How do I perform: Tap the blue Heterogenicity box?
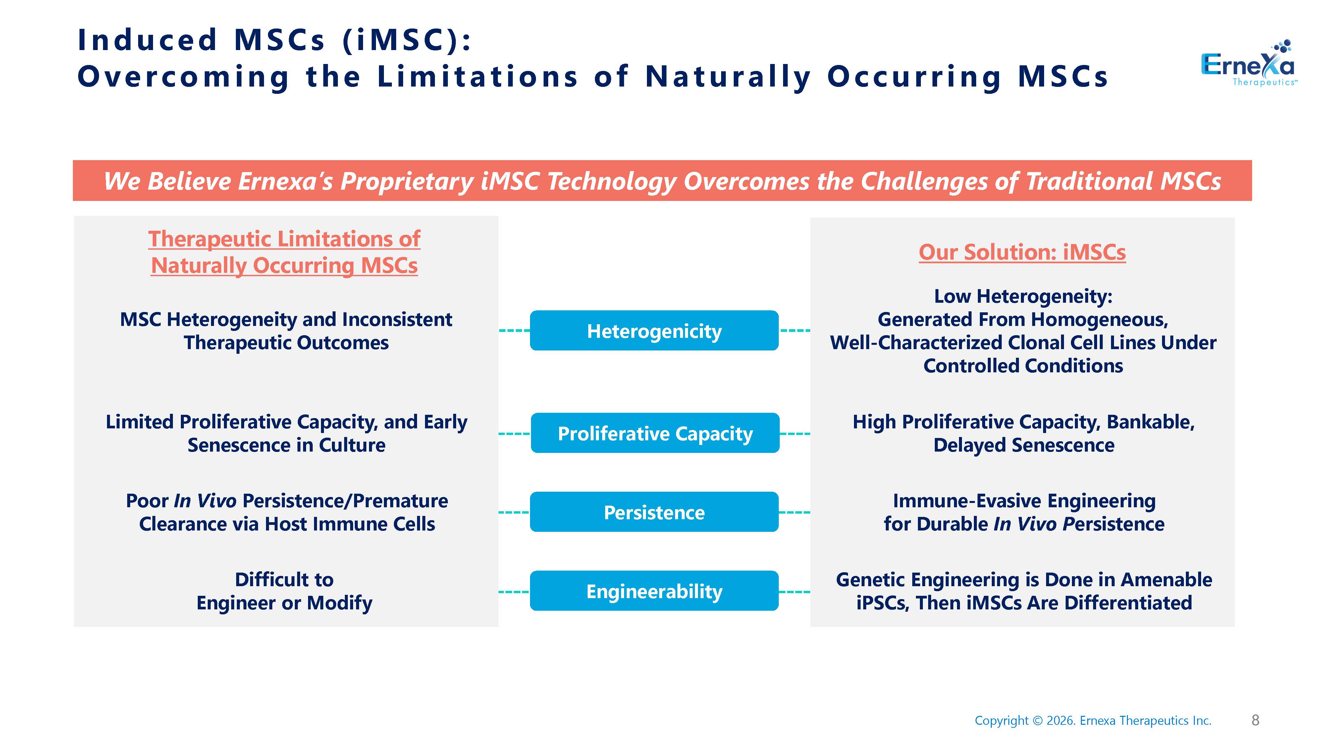(654, 331)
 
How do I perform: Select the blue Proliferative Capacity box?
(655, 433)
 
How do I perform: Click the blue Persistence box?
(654, 512)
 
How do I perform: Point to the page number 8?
(1255, 720)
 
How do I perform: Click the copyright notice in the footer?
(1093, 720)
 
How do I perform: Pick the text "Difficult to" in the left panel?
(284, 579)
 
